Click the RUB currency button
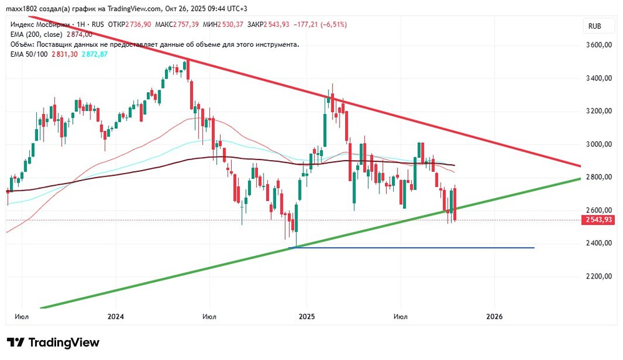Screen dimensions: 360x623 point(596,26)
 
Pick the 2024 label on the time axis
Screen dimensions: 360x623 point(116,316)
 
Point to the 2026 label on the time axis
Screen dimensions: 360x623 point(494,316)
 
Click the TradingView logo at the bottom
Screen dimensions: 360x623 point(53,343)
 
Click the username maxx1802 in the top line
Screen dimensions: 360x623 point(20,7)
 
